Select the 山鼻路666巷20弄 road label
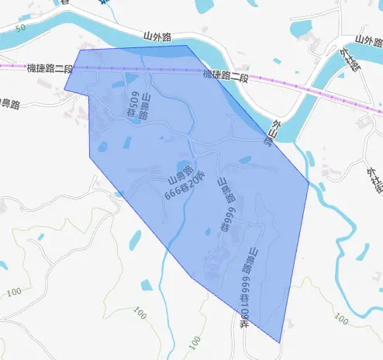point(186,185)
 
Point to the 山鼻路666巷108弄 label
point(247,287)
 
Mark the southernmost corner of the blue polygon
point(280,342)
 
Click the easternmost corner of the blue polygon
point(308,185)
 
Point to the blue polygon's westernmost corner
point(64,90)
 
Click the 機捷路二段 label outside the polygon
point(49,68)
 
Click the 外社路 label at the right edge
point(374,177)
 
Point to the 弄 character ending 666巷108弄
point(243,323)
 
